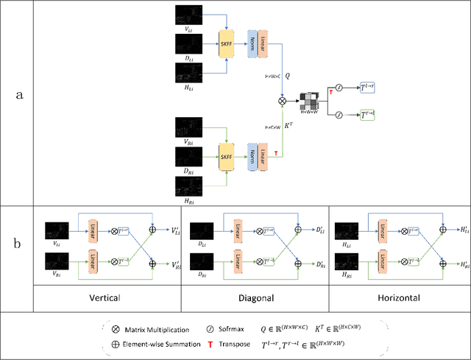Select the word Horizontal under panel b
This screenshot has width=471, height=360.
tap(398, 299)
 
